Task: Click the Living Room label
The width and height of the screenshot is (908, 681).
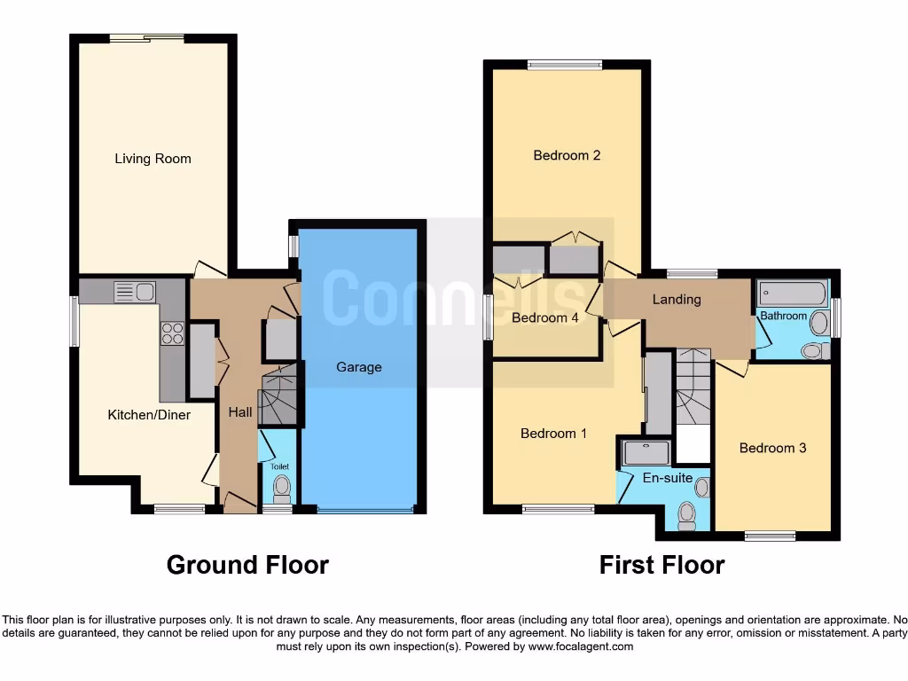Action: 153,159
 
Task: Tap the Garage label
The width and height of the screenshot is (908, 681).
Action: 358,367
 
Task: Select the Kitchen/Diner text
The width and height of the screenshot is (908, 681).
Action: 149,414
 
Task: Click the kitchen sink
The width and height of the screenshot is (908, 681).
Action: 135,292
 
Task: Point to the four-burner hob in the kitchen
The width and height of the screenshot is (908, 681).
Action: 172,333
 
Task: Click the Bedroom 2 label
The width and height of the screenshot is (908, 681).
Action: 567,155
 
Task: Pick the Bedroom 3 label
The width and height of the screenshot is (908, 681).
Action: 772,448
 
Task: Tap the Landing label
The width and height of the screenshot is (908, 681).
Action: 677,300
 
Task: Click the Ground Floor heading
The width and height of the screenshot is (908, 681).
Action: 247,565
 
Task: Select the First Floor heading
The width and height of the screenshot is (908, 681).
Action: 661,565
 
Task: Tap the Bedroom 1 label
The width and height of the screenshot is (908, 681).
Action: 553,434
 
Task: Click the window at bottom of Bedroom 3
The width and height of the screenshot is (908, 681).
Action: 770,535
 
